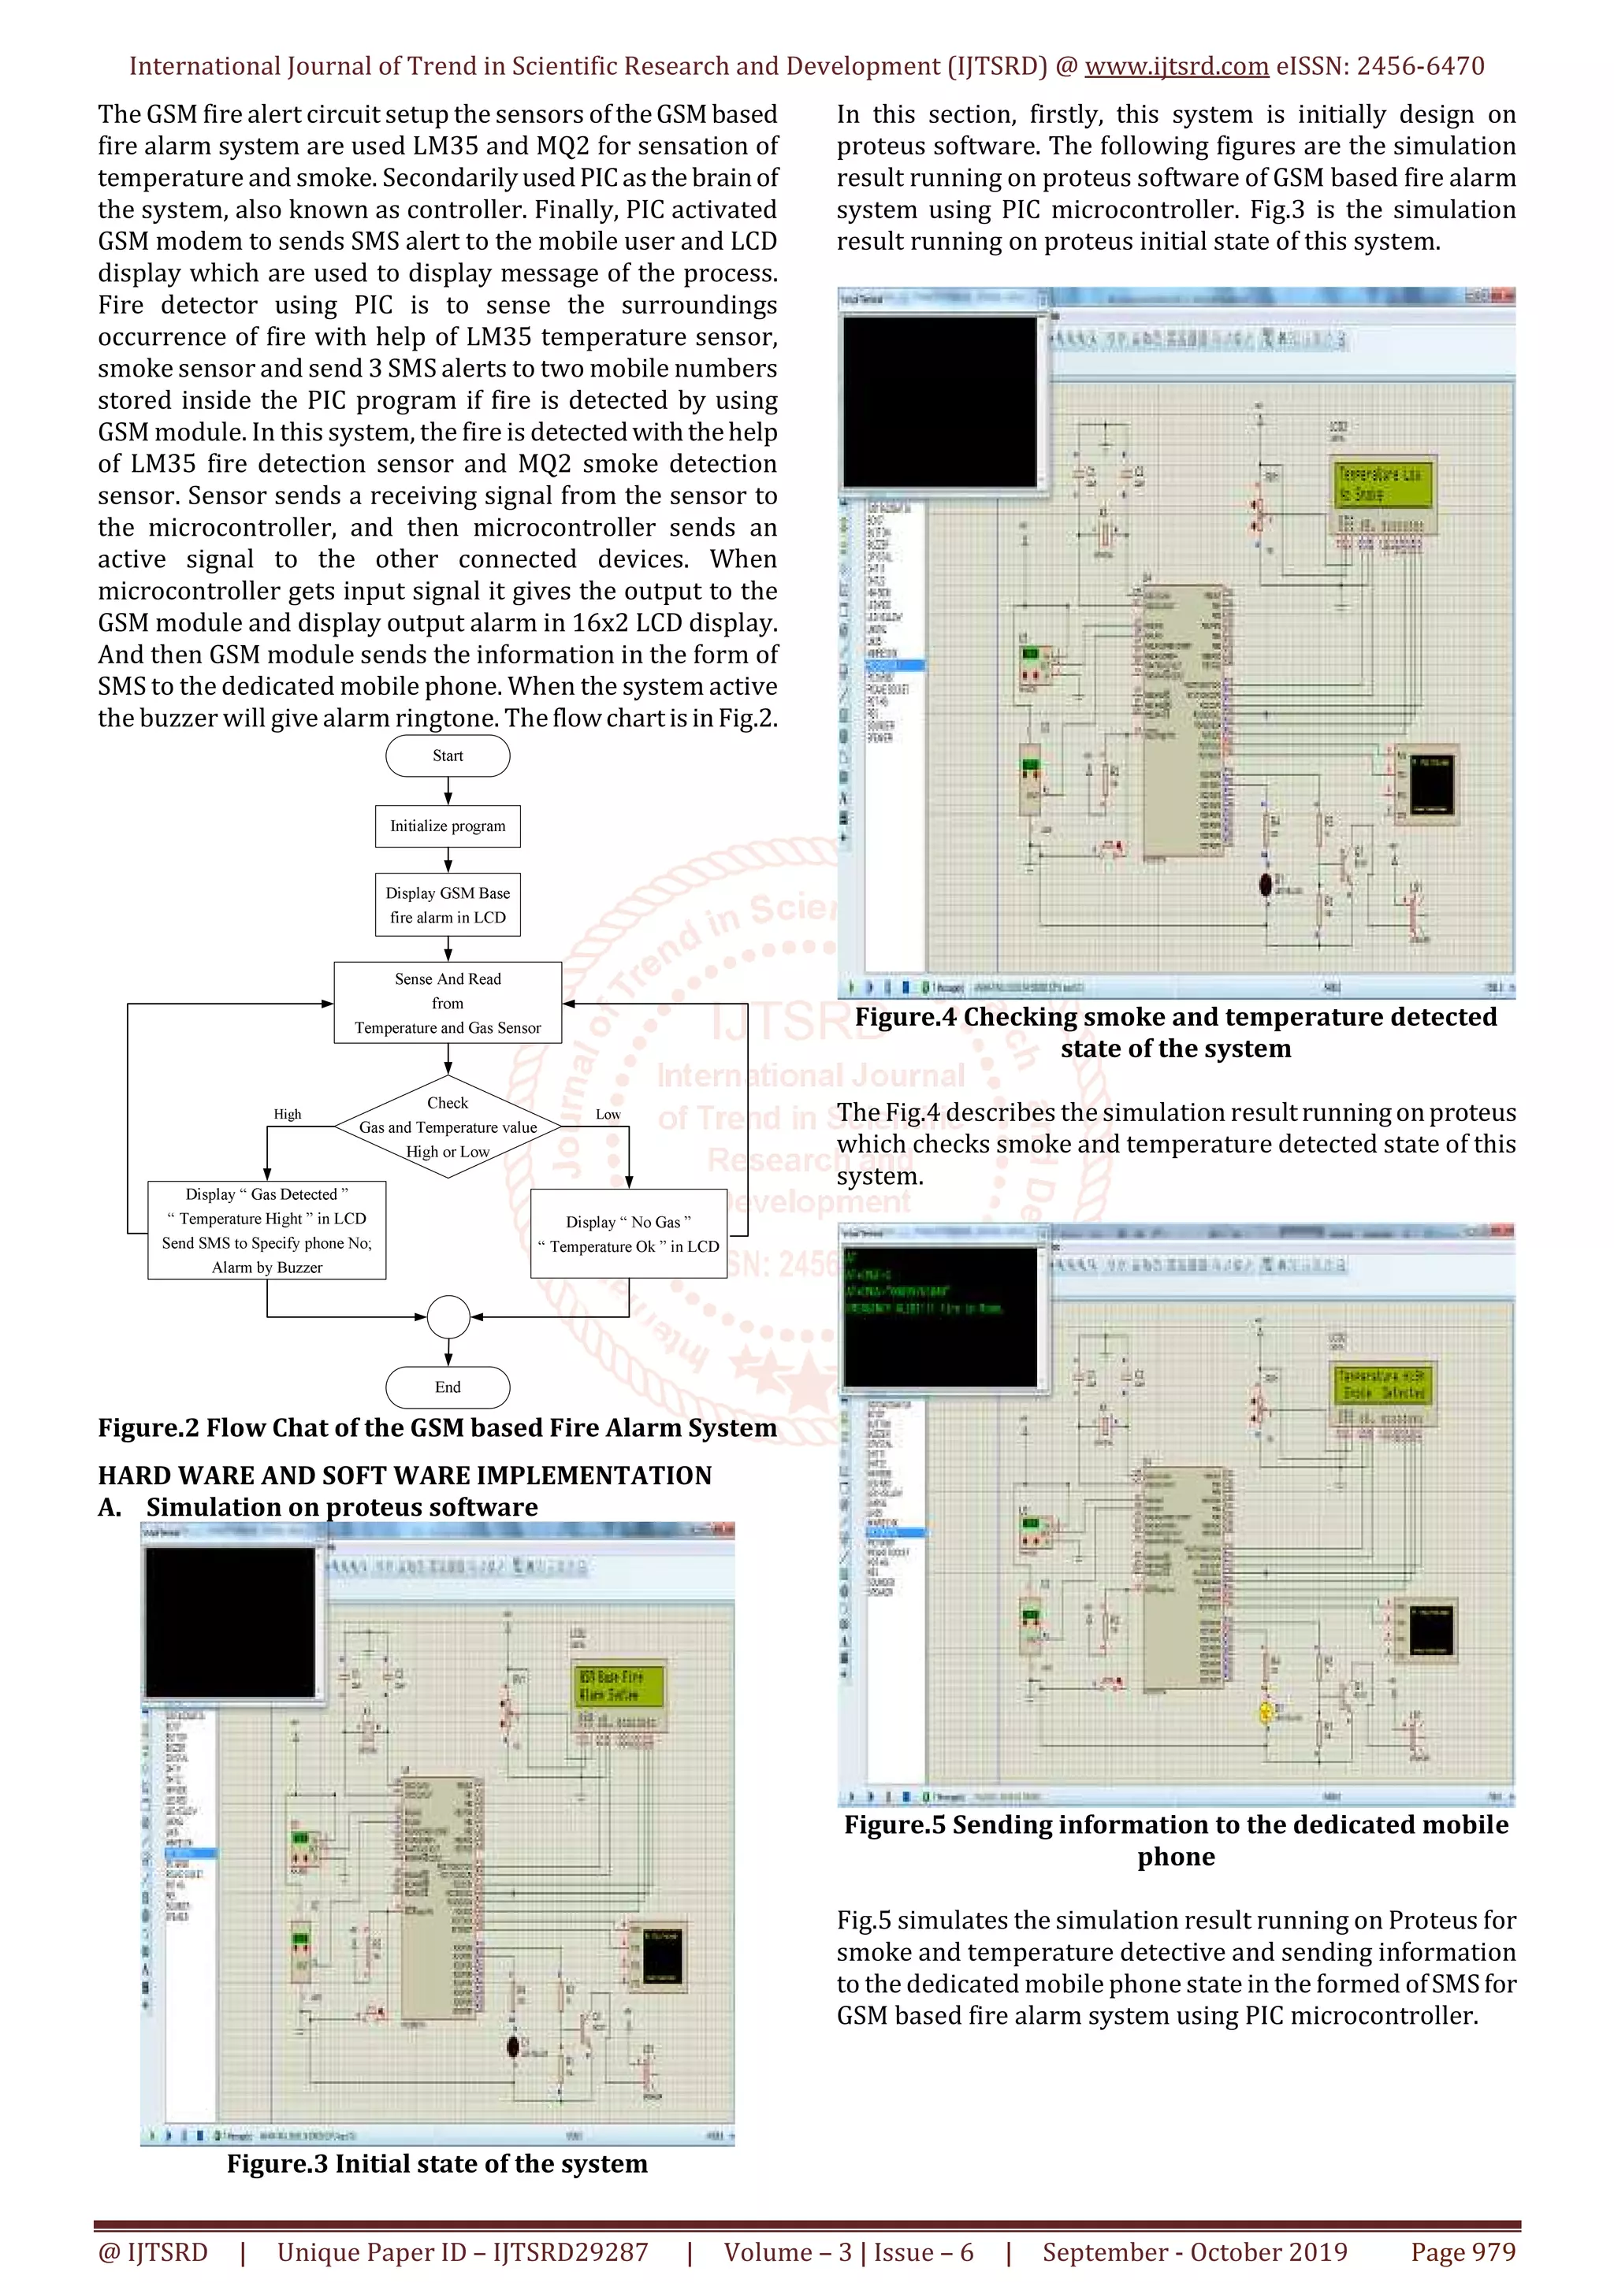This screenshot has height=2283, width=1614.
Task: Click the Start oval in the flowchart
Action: pyautogui.click(x=448, y=755)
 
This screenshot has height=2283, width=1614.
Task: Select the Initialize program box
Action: pyautogui.click(x=448, y=826)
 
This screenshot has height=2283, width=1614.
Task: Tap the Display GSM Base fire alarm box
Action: pyautogui.click(x=448, y=905)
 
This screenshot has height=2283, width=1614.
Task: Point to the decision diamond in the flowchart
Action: pyautogui.click(x=448, y=1127)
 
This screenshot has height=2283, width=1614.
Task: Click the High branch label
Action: pyautogui.click(x=288, y=1115)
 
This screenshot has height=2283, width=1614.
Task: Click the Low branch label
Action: pyautogui.click(x=608, y=1115)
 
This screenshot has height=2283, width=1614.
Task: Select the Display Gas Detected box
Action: pyautogui.click(x=266, y=1230)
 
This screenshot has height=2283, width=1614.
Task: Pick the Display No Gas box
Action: pyautogui.click(x=628, y=1234)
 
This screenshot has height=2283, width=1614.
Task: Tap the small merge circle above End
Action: pyautogui.click(x=448, y=1316)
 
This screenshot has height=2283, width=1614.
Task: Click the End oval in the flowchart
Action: pyautogui.click(x=448, y=1387)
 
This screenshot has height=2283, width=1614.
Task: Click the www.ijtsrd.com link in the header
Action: pyautogui.click(x=1176, y=67)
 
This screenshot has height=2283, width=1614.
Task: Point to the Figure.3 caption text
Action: pyautogui.click(x=437, y=2164)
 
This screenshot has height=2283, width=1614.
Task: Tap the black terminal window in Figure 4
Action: pyautogui.click(x=939, y=401)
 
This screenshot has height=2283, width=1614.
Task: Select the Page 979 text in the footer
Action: pyautogui.click(x=1462, y=2252)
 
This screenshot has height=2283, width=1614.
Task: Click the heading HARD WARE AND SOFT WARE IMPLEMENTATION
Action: pyautogui.click(x=405, y=1476)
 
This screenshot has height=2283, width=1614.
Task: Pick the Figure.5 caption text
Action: pyautogui.click(x=1176, y=1839)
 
